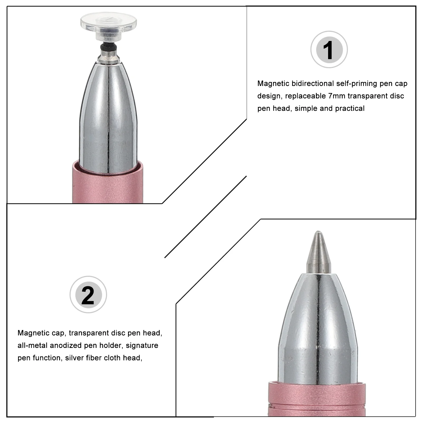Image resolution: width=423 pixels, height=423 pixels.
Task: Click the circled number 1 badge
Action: click(x=329, y=49)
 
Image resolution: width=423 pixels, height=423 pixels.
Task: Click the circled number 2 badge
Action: click(x=88, y=295)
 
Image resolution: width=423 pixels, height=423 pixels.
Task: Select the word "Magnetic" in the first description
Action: click(x=273, y=84)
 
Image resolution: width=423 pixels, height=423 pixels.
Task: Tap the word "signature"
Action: click(x=142, y=346)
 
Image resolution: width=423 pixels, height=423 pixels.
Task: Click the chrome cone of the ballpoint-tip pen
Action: click(x=318, y=328)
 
